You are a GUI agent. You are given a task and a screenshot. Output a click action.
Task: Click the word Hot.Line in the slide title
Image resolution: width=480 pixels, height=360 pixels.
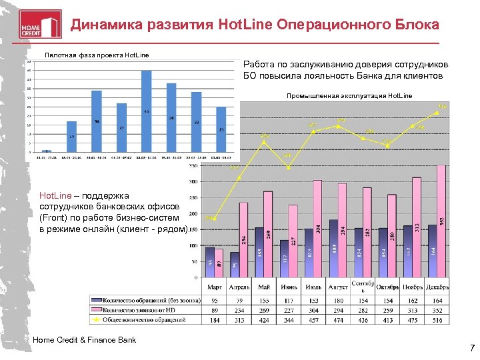[242, 25]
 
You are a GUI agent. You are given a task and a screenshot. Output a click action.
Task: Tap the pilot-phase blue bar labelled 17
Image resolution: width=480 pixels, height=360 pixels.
[71, 137]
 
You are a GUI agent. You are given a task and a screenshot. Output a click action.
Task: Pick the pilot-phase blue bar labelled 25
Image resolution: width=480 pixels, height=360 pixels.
[221, 129]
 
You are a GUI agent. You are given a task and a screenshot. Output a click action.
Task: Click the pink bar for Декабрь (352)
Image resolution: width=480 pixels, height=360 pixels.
[441, 220]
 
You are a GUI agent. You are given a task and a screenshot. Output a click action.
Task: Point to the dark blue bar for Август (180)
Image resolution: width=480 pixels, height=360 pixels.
[333, 248]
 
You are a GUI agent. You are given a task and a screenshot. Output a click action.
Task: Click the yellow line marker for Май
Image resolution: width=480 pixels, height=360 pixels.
[265, 142]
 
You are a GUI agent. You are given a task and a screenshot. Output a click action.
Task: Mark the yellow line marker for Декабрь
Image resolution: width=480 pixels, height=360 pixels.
[437, 113]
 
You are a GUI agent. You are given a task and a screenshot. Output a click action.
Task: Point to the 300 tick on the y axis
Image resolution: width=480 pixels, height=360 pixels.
[193, 181]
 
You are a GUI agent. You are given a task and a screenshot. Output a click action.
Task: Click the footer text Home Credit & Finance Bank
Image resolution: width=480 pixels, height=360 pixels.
[84, 341]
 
